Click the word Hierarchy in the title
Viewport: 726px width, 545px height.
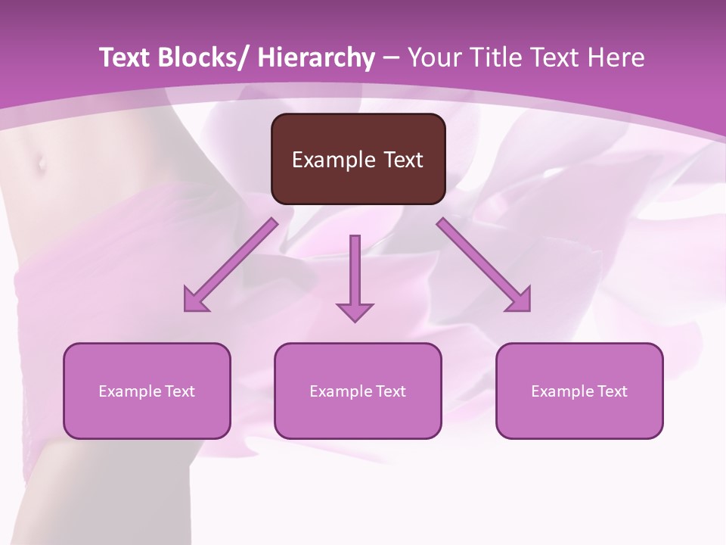pyautogui.click(x=316, y=58)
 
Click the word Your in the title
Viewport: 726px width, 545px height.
pyautogui.click(x=433, y=58)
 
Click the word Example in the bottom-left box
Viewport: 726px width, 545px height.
pyautogui.click(x=129, y=391)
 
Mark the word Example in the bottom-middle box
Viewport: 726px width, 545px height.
pyautogui.click(x=340, y=391)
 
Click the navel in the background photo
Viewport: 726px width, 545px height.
pyautogui.click(x=39, y=162)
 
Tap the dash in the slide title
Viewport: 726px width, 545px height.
pyautogui.click(x=391, y=58)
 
